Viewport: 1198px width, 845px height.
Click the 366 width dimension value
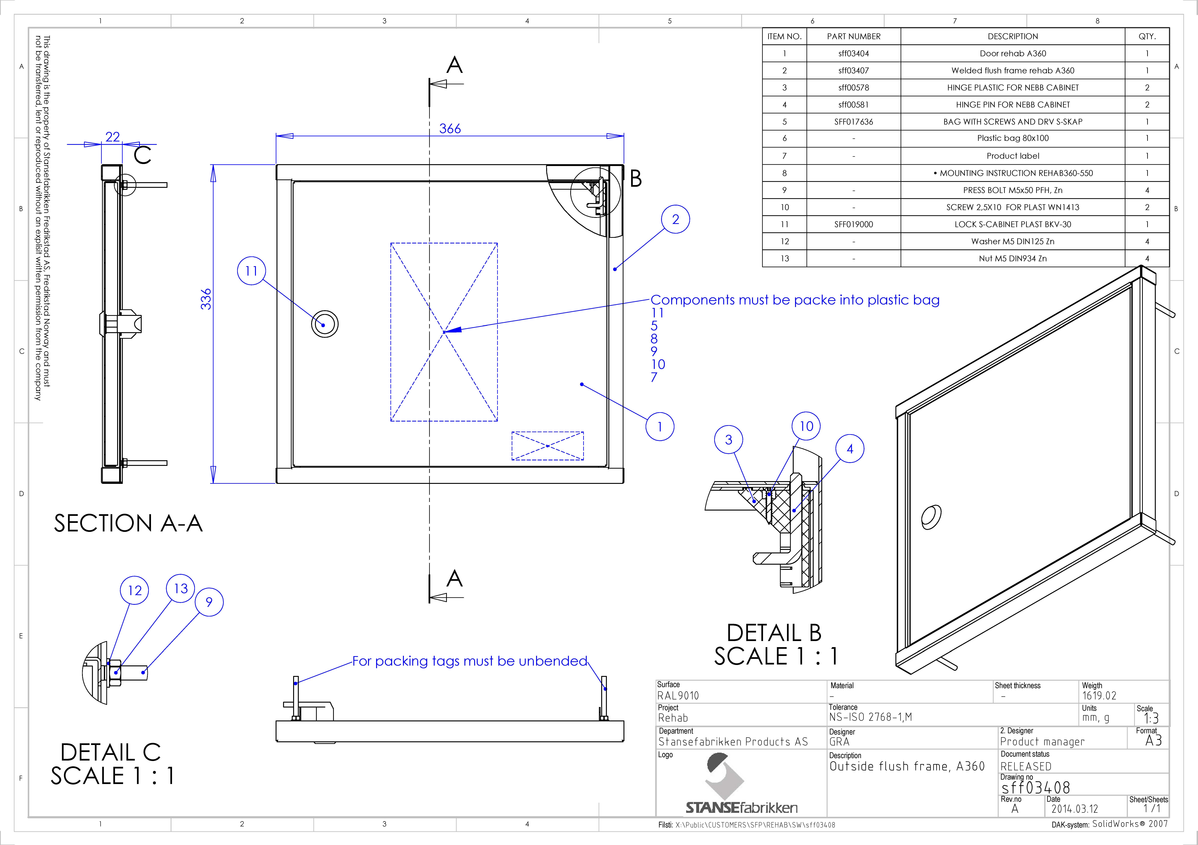[x=450, y=129]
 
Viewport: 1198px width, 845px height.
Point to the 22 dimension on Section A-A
[x=113, y=137]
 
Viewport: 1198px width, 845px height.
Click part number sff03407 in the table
[x=854, y=70]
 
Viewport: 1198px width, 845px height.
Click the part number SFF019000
[x=854, y=224]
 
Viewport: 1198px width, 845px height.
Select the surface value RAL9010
[x=678, y=695]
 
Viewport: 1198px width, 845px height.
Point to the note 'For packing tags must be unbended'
[x=470, y=661]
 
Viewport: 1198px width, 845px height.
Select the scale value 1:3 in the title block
[x=1151, y=718]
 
